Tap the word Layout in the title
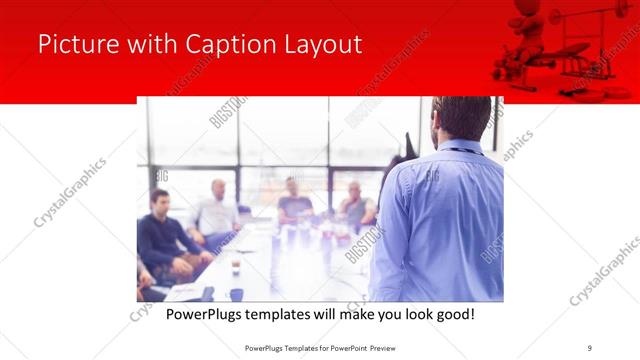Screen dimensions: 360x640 tap(322, 44)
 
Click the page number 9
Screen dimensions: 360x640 tap(590, 347)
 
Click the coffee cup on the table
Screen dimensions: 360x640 tap(236, 267)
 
